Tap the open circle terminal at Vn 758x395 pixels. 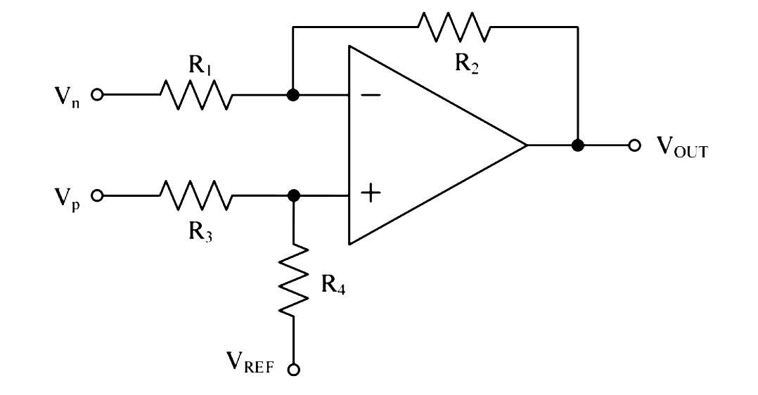[98, 94]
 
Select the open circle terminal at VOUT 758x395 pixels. [635, 145]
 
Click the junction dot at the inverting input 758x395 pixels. [294, 94]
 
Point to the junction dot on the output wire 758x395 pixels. [578, 145]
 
